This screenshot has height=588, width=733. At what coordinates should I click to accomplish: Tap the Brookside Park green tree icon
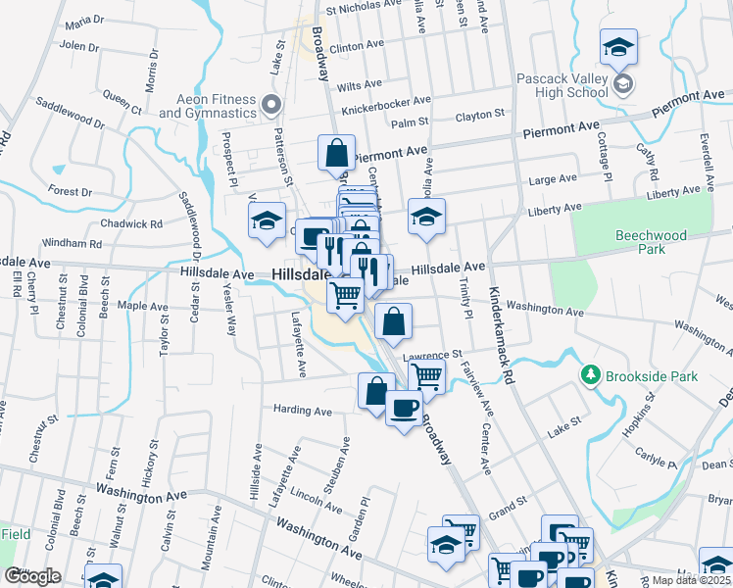(x=590, y=375)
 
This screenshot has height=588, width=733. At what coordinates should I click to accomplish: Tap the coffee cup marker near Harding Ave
(x=403, y=408)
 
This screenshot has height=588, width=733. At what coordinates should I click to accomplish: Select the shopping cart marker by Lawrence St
(x=426, y=375)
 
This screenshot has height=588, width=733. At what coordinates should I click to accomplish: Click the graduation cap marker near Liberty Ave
(x=426, y=218)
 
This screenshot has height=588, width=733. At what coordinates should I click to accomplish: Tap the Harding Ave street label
(x=304, y=409)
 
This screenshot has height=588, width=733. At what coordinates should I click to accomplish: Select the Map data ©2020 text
(x=691, y=580)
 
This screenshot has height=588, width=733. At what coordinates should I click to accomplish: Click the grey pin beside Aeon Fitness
(x=272, y=103)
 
